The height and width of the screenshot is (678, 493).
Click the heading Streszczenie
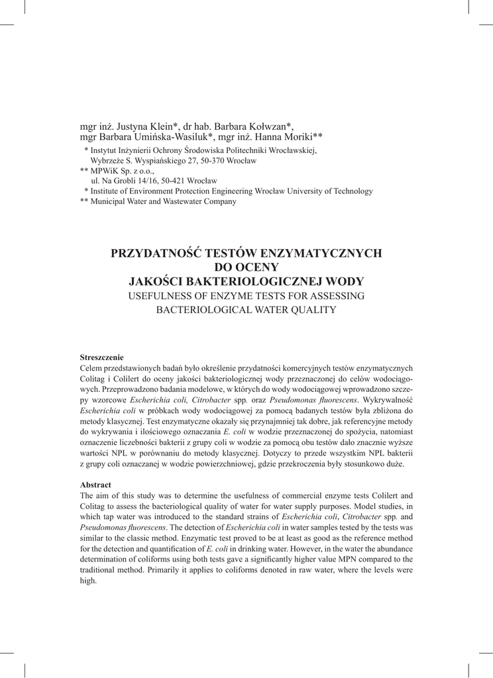pyautogui.click(x=101, y=358)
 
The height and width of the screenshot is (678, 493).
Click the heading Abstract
pyautogui.click(x=95, y=485)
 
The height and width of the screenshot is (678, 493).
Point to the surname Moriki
pyautogui.click(x=296, y=136)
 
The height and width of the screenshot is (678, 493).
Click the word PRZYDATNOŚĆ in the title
pyautogui.click(x=156, y=252)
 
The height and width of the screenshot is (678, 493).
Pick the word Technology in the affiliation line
pyautogui.click(x=352, y=191)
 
